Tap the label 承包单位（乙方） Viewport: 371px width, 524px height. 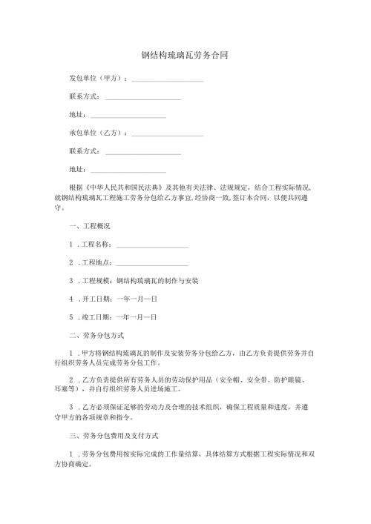coord(97,133)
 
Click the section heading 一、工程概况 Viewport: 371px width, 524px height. coord(89,226)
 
